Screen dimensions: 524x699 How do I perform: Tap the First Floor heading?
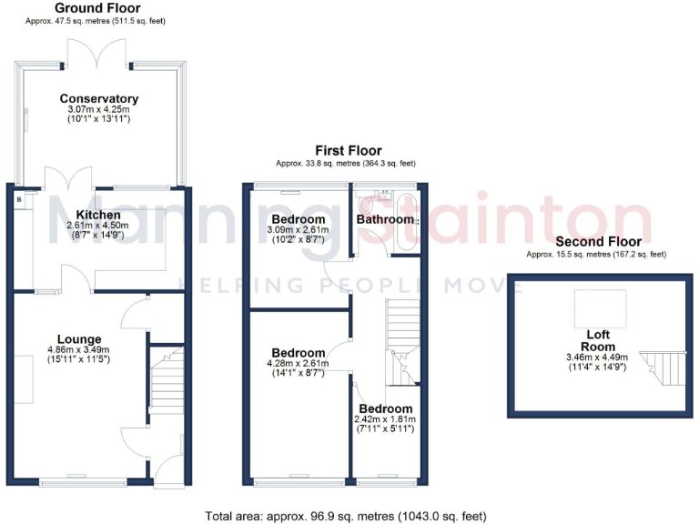349,151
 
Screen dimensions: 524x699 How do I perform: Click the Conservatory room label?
99,98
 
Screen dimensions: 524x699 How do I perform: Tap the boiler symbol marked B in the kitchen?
19,196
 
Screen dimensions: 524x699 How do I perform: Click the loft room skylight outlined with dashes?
599,308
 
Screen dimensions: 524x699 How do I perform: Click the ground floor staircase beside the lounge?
167,380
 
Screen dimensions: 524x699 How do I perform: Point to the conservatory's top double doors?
99,55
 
